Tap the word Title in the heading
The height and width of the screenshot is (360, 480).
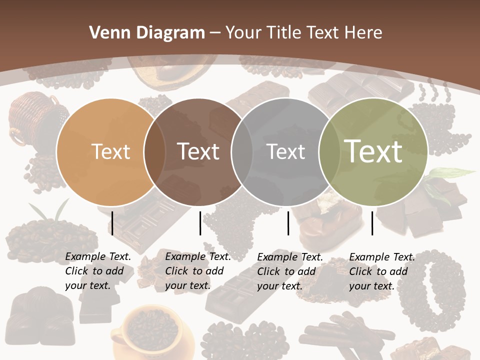(x=284, y=33)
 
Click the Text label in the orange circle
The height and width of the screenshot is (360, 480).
(x=110, y=152)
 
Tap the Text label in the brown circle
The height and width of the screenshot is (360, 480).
(x=198, y=152)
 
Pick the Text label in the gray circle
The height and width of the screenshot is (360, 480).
(x=286, y=152)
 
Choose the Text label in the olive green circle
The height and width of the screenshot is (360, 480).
(x=373, y=152)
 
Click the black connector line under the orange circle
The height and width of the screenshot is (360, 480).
(x=112, y=223)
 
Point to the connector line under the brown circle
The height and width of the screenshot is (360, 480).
(x=200, y=223)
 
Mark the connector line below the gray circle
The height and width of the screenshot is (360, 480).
(x=288, y=223)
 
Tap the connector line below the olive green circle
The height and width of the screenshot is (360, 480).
(x=372, y=223)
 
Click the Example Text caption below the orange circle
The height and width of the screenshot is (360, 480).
(x=97, y=271)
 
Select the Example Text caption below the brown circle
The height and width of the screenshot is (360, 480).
(x=197, y=271)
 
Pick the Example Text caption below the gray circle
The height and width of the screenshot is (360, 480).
(x=289, y=271)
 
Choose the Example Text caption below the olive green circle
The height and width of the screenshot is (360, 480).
(x=381, y=271)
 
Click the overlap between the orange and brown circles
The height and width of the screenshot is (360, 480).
(x=154, y=152)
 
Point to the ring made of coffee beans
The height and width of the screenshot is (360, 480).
(x=440, y=290)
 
